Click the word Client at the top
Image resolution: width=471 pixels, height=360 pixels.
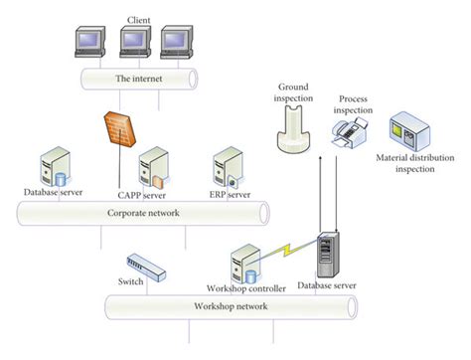138,19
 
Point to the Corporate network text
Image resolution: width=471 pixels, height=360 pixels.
139,213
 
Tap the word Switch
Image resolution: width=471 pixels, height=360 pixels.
130,281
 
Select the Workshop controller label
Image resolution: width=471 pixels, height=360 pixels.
245,288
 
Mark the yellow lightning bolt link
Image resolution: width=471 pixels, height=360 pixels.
286,253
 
